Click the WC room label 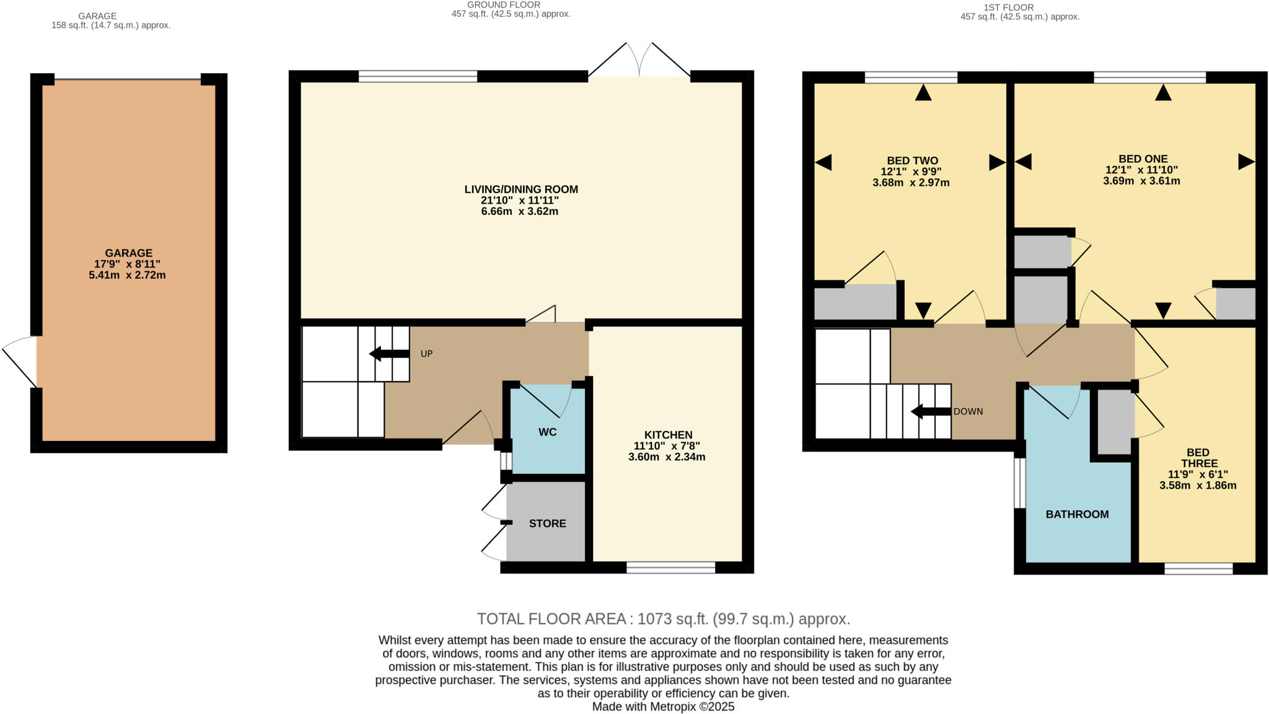pyautogui.click(x=547, y=432)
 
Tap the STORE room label pyautogui.click(x=547, y=523)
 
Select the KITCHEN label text pyautogui.click(x=668, y=435)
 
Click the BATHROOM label pyautogui.click(x=1077, y=514)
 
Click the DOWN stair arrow pyautogui.click(x=930, y=411)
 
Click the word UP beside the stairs pyautogui.click(x=426, y=354)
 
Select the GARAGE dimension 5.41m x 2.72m pyautogui.click(x=127, y=275)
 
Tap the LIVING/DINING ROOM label pyautogui.click(x=521, y=189)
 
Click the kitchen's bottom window pyautogui.click(x=670, y=567)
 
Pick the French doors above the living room pyautogui.click(x=639, y=61)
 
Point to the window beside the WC pyautogui.click(x=506, y=461)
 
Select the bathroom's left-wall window pyautogui.click(x=1019, y=483)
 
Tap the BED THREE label pyautogui.click(x=1198, y=458)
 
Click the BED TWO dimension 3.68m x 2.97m pyautogui.click(x=911, y=183)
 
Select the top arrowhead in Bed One pyautogui.click(x=1163, y=93)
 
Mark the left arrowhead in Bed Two pyautogui.click(x=823, y=162)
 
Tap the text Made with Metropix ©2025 pyautogui.click(x=663, y=707)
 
